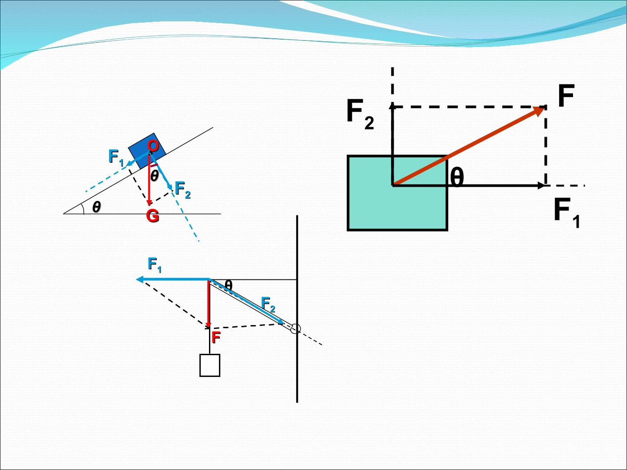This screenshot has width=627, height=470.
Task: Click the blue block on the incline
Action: [147, 151]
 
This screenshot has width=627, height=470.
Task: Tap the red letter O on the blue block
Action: [153, 146]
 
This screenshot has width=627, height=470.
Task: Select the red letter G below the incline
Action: [152, 216]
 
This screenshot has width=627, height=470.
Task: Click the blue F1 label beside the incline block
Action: [116, 158]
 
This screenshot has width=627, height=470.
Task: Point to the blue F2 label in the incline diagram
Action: [182, 190]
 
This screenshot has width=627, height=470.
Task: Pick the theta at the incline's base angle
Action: [97, 207]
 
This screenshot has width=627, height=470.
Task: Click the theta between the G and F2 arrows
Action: [154, 175]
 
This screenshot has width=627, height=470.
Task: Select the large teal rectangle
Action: [398, 193]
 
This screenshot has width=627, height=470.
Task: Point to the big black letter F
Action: [566, 95]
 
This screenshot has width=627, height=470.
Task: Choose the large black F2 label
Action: [360, 114]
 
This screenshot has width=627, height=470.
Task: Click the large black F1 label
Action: [567, 213]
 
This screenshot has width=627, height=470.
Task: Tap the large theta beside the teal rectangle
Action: [457, 177]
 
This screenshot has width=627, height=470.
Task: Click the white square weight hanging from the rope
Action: [210, 365]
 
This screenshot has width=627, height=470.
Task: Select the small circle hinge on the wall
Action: [295, 329]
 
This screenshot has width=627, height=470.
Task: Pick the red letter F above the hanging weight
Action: [216, 337]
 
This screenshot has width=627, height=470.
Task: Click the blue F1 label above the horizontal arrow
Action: [155, 265]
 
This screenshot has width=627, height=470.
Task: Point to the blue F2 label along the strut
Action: [268, 304]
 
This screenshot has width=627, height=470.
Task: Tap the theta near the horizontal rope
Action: [229, 285]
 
